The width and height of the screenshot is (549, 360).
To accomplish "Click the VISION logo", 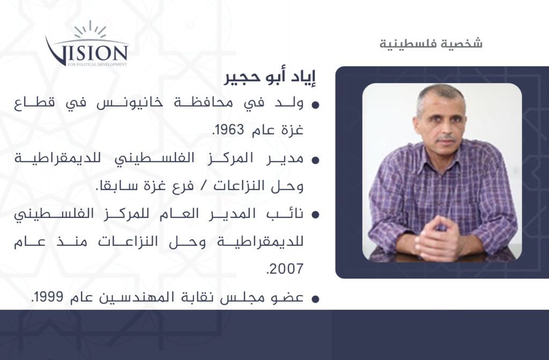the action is (x=87, y=44).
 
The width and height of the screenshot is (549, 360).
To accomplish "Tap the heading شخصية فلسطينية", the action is (x=431, y=43).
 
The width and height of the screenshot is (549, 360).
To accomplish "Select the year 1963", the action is (x=229, y=130).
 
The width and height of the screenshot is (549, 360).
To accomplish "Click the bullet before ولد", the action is (x=315, y=104).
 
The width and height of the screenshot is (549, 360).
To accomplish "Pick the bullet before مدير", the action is (x=315, y=160).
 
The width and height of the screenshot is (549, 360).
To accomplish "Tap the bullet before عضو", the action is (x=315, y=299).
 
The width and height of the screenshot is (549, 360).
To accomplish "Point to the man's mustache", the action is (x=447, y=138).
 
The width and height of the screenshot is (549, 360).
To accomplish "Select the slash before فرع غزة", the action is (x=203, y=186).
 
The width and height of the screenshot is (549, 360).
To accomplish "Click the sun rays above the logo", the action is (x=90, y=30).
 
